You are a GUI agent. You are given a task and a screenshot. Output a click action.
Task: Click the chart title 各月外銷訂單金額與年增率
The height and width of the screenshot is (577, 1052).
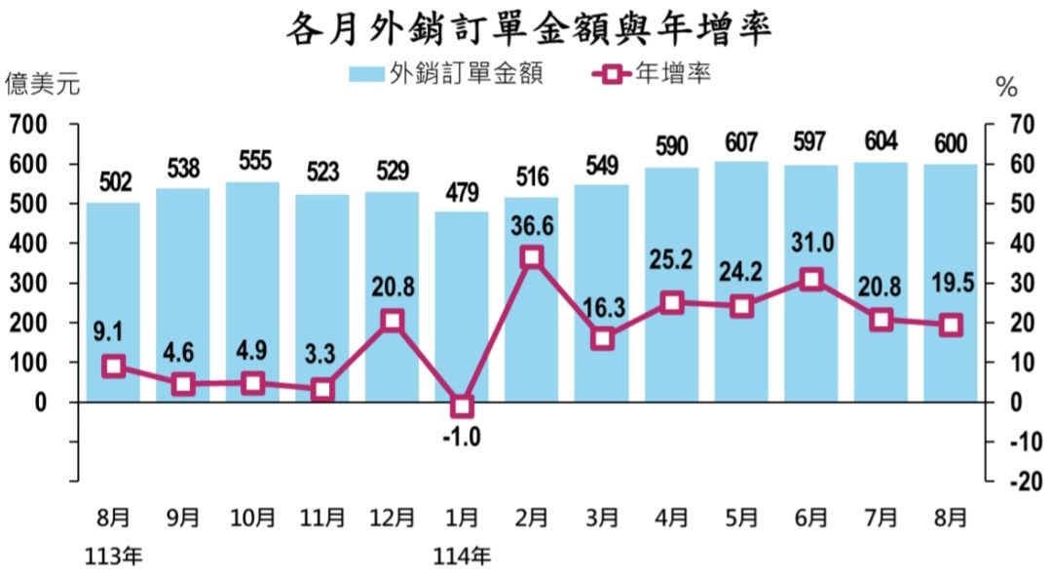[527, 30]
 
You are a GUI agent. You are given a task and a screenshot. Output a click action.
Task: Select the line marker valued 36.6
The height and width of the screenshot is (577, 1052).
[532, 257]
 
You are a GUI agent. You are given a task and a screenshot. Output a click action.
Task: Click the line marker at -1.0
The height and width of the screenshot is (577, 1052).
[462, 405]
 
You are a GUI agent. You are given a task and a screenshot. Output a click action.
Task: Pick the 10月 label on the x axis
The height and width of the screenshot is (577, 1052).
[252, 518]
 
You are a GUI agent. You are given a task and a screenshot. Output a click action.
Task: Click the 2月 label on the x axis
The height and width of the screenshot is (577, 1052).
[532, 518]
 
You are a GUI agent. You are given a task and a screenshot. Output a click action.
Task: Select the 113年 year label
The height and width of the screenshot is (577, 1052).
[114, 558]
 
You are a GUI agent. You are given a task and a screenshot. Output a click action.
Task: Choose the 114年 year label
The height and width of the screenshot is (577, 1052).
[462, 558]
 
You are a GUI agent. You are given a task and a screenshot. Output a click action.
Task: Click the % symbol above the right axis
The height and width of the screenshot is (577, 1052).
[1006, 88]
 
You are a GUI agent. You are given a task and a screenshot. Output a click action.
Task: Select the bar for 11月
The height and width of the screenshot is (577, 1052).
[322, 297]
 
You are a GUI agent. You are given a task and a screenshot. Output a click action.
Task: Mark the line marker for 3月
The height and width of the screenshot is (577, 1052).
[602, 338]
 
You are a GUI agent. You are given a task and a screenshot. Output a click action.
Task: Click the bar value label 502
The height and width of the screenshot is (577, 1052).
[113, 182]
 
